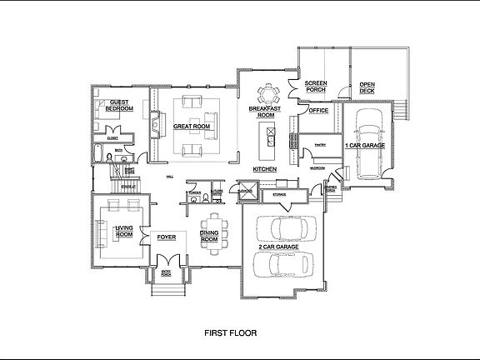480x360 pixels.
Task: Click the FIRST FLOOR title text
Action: coord(231,332)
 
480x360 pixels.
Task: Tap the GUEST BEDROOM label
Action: coord(122,106)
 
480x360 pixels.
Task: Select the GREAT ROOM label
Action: coord(189,127)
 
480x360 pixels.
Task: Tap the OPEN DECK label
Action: coord(367,88)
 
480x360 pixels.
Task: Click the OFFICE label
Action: coord(318,109)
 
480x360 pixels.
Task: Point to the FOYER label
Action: coord(167,237)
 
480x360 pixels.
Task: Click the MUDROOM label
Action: coord(317,167)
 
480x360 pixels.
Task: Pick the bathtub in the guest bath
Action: coord(98,154)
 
